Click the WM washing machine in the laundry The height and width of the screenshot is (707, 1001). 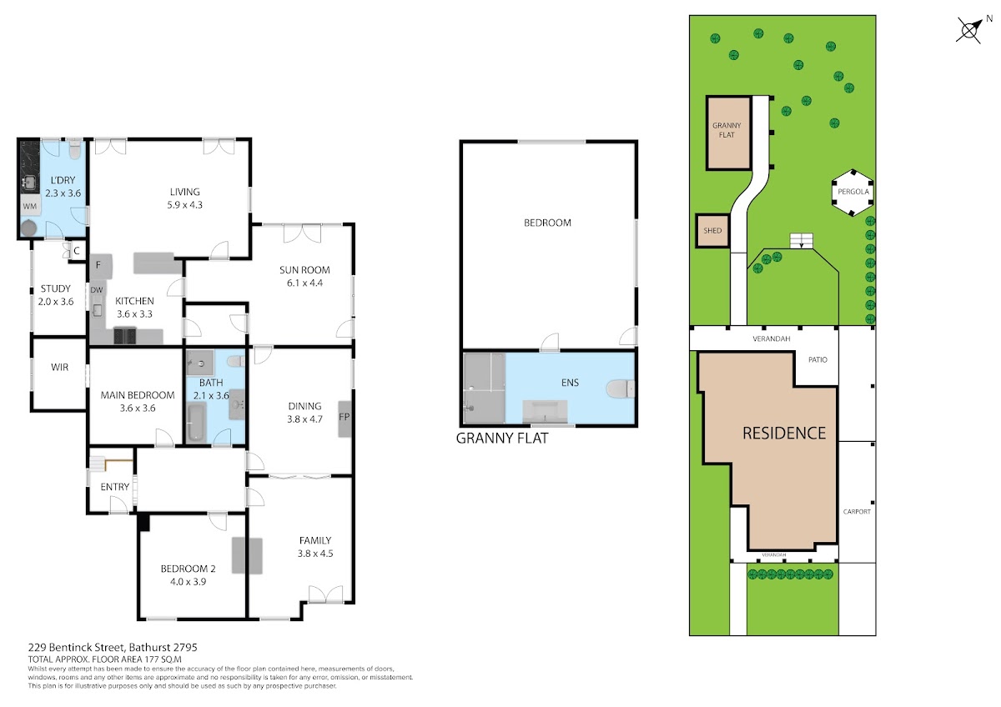click(x=30, y=206)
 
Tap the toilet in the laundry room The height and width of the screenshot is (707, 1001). click(x=74, y=149)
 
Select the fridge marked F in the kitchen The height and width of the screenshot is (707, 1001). click(x=101, y=267)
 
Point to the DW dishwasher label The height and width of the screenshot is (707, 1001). click(x=97, y=290)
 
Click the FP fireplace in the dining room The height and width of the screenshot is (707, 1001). click(x=344, y=419)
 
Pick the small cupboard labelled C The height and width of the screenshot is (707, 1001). click(x=76, y=251)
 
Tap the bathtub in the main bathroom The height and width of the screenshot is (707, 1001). click(x=196, y=422)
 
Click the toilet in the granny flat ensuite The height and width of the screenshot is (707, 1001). click(x=621, y=389)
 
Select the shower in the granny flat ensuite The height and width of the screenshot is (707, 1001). click(x=484, y=388)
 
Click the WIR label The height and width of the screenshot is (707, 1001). click(x=60, y=367)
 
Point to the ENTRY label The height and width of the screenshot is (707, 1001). click(x=115, y=487)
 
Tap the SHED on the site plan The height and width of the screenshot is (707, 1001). click(x=712, y=230)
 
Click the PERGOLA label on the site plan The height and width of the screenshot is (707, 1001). click(x=853, y=192)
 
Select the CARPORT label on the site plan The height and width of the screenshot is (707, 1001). click(x=857, y=511)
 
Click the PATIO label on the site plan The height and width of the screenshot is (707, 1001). click(x=817, y=359)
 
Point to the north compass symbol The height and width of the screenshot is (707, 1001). click(x=971, y=29)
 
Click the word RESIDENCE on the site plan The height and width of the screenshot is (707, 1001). click(x=784, y=434)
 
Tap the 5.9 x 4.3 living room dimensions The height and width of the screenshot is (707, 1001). click(x=184, y=205)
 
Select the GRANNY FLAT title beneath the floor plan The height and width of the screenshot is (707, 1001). click(x=502, y=439)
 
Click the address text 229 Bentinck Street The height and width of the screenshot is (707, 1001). click(x=77, y=647)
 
